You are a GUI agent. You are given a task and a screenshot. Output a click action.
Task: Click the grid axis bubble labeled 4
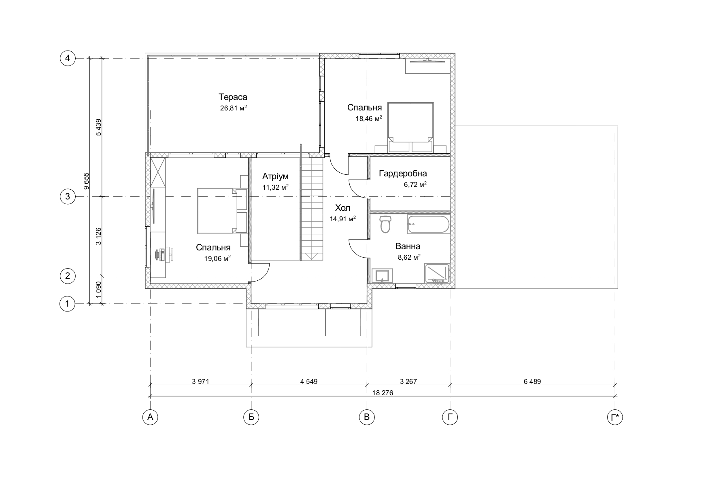(x=68, y=59)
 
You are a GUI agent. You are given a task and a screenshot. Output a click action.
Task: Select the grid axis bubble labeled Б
(x=251, y=417)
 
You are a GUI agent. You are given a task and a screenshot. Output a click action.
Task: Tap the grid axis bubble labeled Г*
(x=615, y=417)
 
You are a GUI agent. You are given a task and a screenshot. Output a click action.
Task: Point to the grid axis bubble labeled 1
(x=68, y=303)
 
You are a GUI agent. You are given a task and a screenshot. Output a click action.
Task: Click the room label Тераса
(x=233, y=97)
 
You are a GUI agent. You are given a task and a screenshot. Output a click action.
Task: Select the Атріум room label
(x=275, y=176)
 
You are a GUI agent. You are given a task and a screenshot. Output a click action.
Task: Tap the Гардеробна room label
(x=403, y=174)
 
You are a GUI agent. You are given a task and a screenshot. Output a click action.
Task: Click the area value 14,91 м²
(x=343, y=219)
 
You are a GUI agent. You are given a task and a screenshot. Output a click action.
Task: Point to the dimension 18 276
(x=383, y=393)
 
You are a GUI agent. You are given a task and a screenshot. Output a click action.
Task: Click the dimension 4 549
(x=309, y=381)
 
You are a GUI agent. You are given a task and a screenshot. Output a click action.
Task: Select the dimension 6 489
(x=532, y=381)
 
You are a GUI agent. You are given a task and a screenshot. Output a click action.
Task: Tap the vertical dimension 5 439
(x=98, y=127)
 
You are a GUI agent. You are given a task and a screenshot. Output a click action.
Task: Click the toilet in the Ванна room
(x=386, y=224)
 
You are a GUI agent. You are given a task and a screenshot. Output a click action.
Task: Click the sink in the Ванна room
(x=382, y=276)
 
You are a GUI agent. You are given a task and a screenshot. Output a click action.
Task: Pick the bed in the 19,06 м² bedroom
(x=217, y=210)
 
